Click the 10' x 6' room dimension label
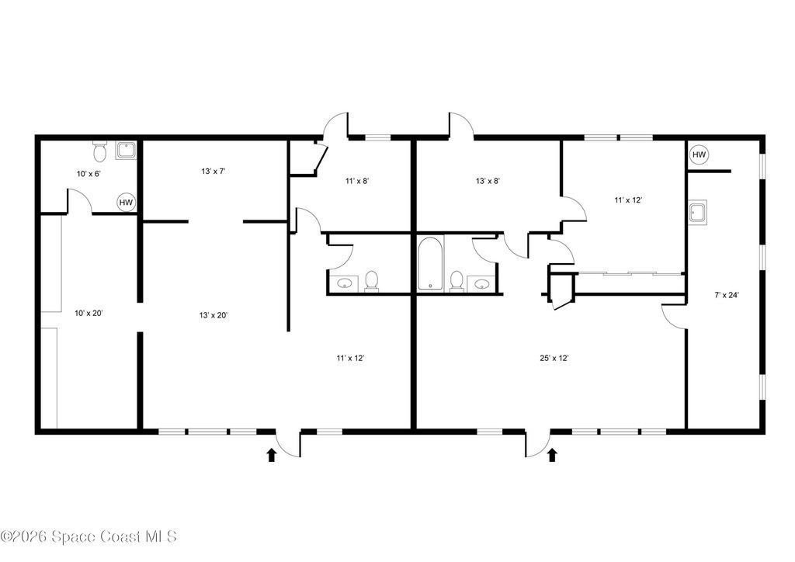(89, 174)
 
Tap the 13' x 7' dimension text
(214, 172)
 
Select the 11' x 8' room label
(357, 180)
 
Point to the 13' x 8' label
(488, 180)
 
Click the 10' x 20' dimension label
(89, 313)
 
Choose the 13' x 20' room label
(214, 315)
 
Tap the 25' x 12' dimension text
(554, 359)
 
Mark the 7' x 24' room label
(727, 296)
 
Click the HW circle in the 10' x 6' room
(126, 203)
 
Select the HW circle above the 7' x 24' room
(700, 154)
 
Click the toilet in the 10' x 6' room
(99, 151)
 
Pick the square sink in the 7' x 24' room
(698, 212)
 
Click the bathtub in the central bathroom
(431, 263)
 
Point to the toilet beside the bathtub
(457, 282)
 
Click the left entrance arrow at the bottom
(272, 455)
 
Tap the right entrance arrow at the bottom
(553, 455)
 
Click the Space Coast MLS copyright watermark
(89, 536)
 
